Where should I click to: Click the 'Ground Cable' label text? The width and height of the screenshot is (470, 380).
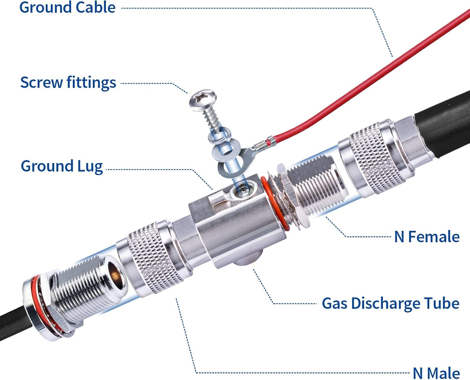[67, 8]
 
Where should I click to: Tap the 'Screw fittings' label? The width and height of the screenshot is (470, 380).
[68, 83]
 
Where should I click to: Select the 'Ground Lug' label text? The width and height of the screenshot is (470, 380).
[62, 166]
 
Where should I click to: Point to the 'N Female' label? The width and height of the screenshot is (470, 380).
[427, 237]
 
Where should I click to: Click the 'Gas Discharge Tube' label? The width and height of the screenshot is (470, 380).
[391, 303]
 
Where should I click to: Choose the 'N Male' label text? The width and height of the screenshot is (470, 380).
[436, 373]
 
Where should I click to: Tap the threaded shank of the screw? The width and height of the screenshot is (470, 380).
[211, 120]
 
